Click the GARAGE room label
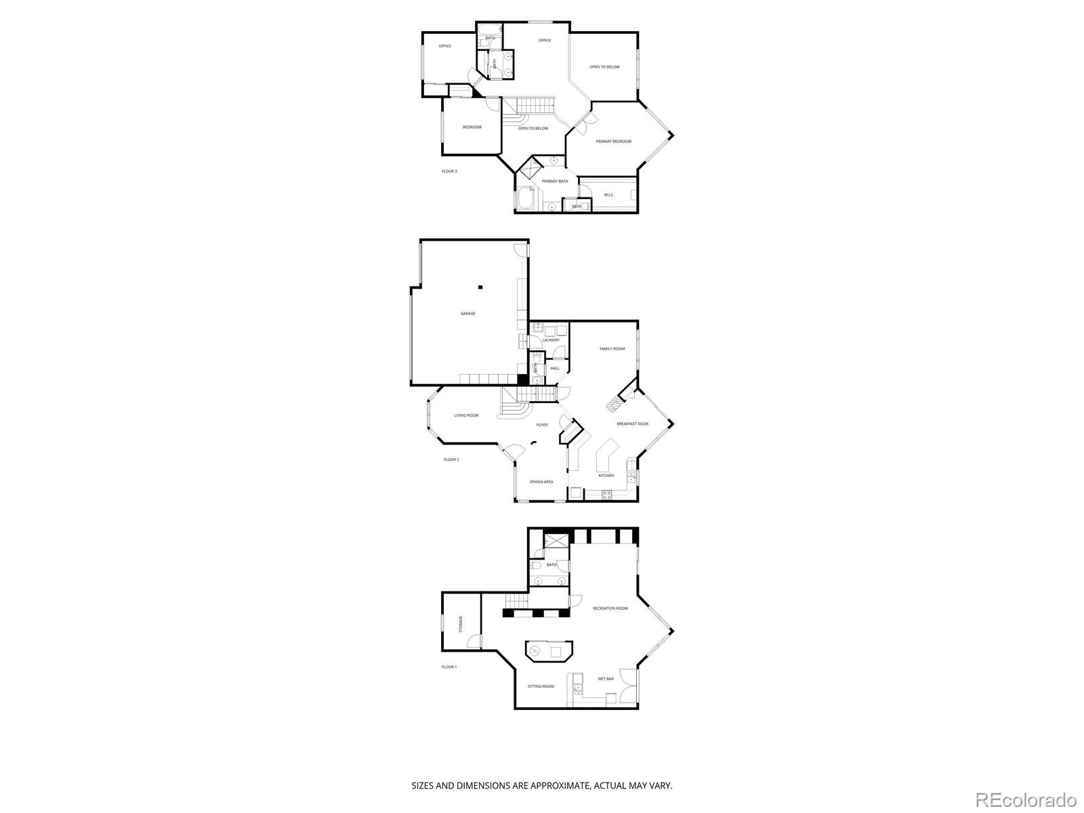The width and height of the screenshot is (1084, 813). (x=467, y=314)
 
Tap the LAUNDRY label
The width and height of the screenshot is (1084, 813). (x=550, y=340)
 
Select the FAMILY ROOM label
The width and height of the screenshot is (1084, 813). (x=612, y=349)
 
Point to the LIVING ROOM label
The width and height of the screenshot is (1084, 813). (x=466, y=415)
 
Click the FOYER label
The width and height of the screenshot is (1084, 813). (x=542, y=425)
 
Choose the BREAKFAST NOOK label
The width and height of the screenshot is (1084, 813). (x=632, y=424)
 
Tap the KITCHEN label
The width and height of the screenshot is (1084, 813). (x=606, y=476)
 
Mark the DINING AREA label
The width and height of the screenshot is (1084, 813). (x=541, y=482)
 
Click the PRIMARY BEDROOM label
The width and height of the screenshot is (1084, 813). (x=613, y=142)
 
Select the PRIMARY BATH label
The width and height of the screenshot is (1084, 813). (x=555, y=182)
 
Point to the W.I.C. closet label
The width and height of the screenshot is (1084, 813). (x=608, y=195)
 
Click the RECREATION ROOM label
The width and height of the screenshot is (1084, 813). (x=610, y=608)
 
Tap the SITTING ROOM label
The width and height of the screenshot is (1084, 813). (x=541, y=686)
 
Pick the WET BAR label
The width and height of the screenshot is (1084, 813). (x=605, y=679)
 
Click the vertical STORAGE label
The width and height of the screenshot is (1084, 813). (x=461, y=624)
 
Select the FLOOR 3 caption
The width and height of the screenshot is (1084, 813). (x=449, y=171)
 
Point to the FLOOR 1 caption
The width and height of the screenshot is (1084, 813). (x=449, y=667)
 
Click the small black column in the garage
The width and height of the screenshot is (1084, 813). (x=480, y=287)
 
